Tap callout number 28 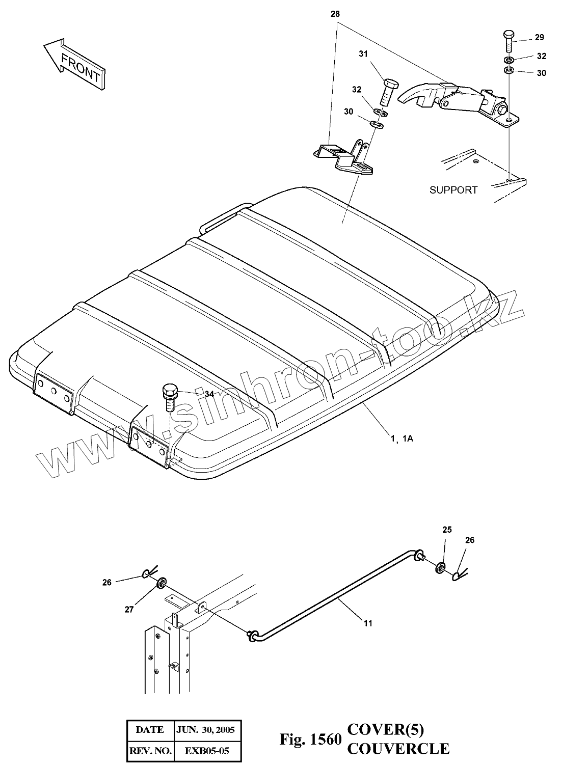coord(335,14)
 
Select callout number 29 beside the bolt coord(540,37)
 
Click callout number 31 coord(363,53)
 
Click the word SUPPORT coord(453,190)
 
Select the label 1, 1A coord(402,438)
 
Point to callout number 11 coord(367,623)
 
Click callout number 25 coord(447,530)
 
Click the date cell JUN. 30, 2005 coord(205,730)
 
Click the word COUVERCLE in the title coord(398,748)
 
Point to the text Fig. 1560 coord(310,739)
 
